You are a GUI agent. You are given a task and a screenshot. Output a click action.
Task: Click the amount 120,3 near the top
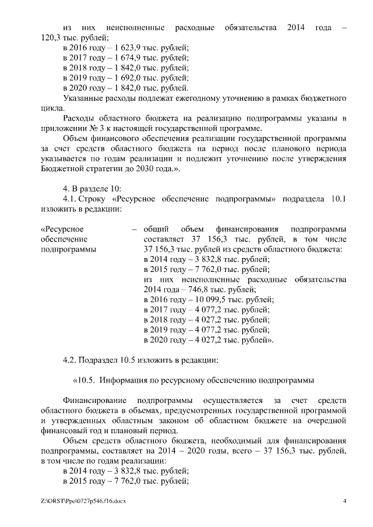point(51,37)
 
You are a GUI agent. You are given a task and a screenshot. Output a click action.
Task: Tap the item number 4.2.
point(71,360)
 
